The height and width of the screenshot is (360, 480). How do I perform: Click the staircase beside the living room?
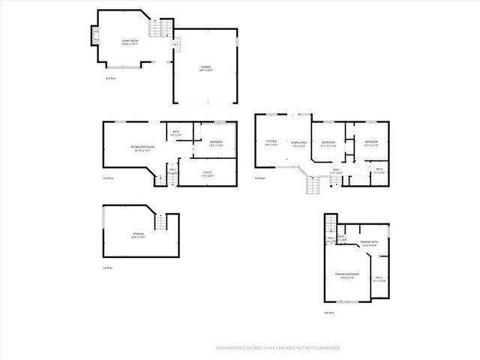pos(160,28)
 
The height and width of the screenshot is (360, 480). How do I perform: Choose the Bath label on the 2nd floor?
pos(175,133)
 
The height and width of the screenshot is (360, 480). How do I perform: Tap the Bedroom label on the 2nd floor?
pos(216,143)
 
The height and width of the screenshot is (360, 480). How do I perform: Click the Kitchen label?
pos(271,142)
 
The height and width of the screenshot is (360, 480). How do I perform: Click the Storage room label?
pos(138,235)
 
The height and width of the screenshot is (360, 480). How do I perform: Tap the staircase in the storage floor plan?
pos(159,223)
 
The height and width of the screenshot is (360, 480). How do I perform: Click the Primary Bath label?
pos(368,243)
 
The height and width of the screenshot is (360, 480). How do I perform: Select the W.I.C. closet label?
pos(379,279)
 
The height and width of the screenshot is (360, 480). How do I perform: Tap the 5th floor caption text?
pos(327,313)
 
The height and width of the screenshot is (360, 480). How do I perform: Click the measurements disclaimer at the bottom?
pos(278,348)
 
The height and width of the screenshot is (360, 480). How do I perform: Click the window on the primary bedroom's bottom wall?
pos(347,301)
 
